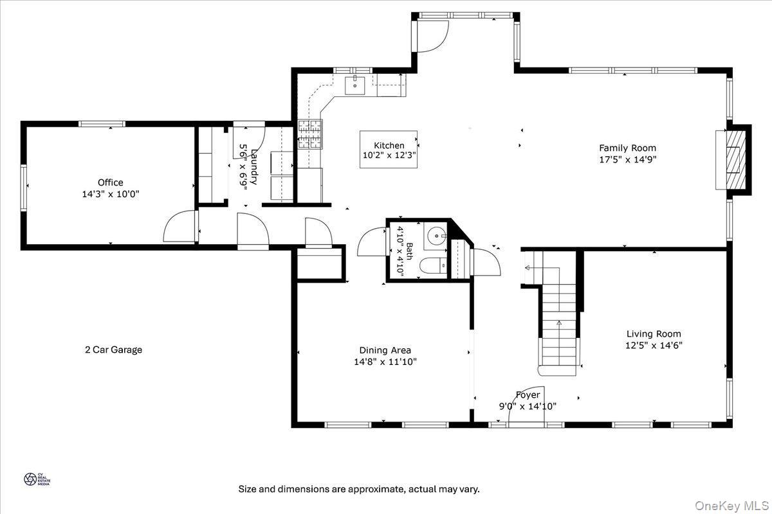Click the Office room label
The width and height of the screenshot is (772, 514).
pos(110,182)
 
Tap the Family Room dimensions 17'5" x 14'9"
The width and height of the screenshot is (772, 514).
pos(627,159)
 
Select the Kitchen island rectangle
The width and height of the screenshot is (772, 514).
pos(388,150)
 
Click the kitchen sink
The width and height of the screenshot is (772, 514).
pos(354,84)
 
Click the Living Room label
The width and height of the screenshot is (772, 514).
pos(654,333)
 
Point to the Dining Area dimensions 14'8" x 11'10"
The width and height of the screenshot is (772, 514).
pos(385,362)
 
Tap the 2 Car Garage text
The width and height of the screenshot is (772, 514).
pos(113,350)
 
